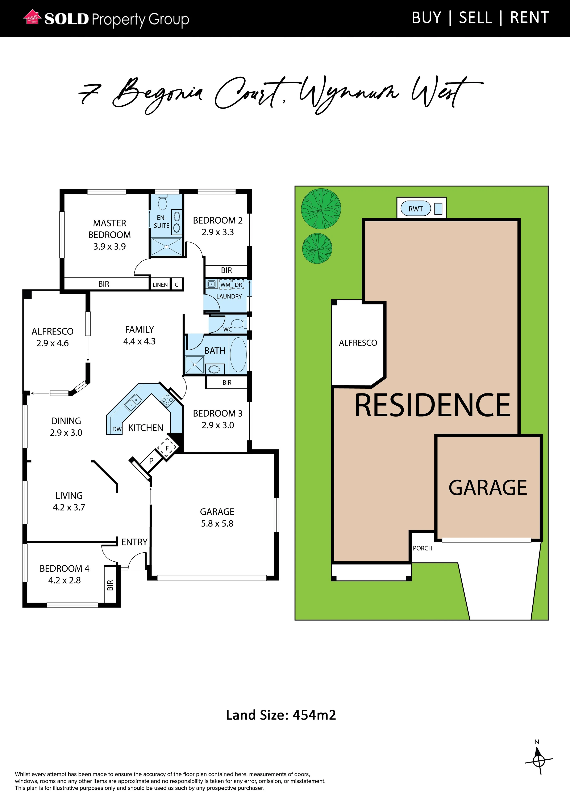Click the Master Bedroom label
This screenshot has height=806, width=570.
[110, 229]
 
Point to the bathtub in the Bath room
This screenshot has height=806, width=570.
[238, 355]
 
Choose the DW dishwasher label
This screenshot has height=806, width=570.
[117, 429]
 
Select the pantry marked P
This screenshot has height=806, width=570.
[151, 461]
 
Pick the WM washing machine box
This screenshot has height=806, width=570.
[225, 285]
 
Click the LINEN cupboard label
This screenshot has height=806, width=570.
[160, 285]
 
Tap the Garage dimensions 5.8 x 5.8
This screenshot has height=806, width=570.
[217, 523]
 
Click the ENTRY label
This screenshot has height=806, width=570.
[134, 542]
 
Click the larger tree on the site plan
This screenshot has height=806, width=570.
[321, 208]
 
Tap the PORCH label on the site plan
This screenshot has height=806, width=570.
[423, 548]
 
